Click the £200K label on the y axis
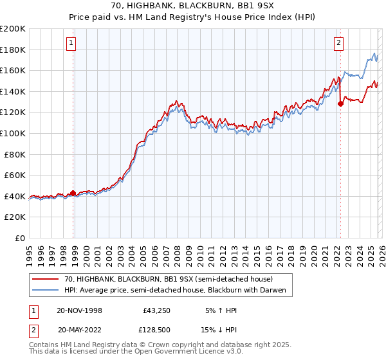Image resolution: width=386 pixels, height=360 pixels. tap(13, 29)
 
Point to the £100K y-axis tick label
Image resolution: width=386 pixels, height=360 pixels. tap(13, 133)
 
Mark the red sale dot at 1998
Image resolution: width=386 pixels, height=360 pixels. tap(73, 192)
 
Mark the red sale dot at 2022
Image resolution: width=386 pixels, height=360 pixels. tap(340, 104)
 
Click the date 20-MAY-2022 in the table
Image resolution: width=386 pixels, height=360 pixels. tap(80, 329)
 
